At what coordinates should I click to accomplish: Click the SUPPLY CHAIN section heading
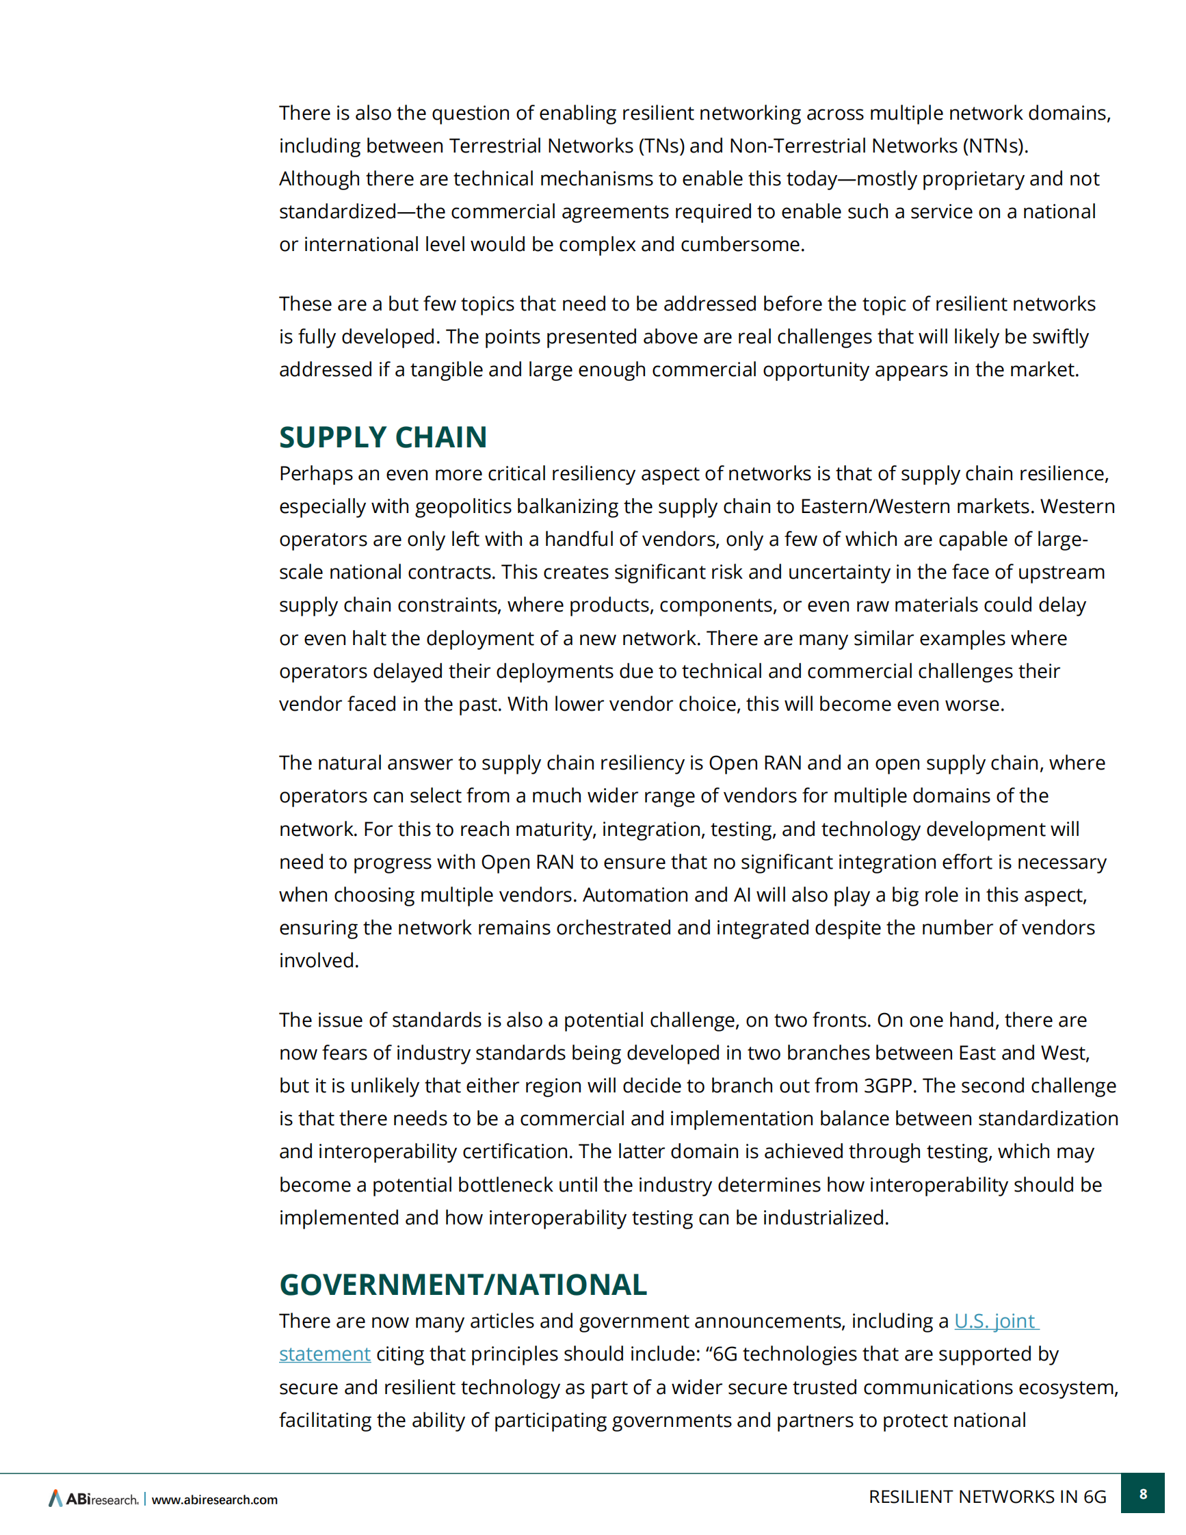point(383,437)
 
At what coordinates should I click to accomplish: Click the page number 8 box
point(1143,1493)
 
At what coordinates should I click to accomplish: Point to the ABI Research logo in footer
point(94,1499)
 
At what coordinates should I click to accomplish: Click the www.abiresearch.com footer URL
point(214,1499)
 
